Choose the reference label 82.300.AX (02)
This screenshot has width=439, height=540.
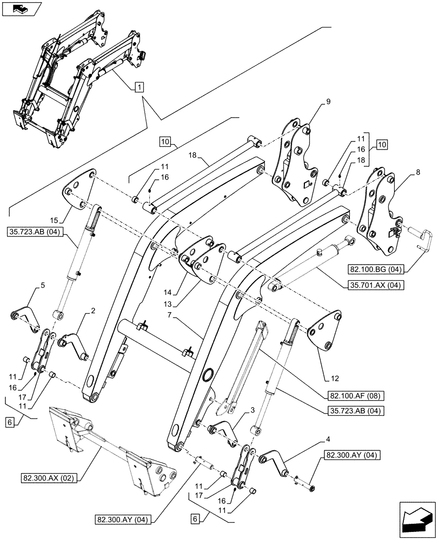pos(50,478)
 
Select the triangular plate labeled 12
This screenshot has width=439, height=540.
pos(325,332)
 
